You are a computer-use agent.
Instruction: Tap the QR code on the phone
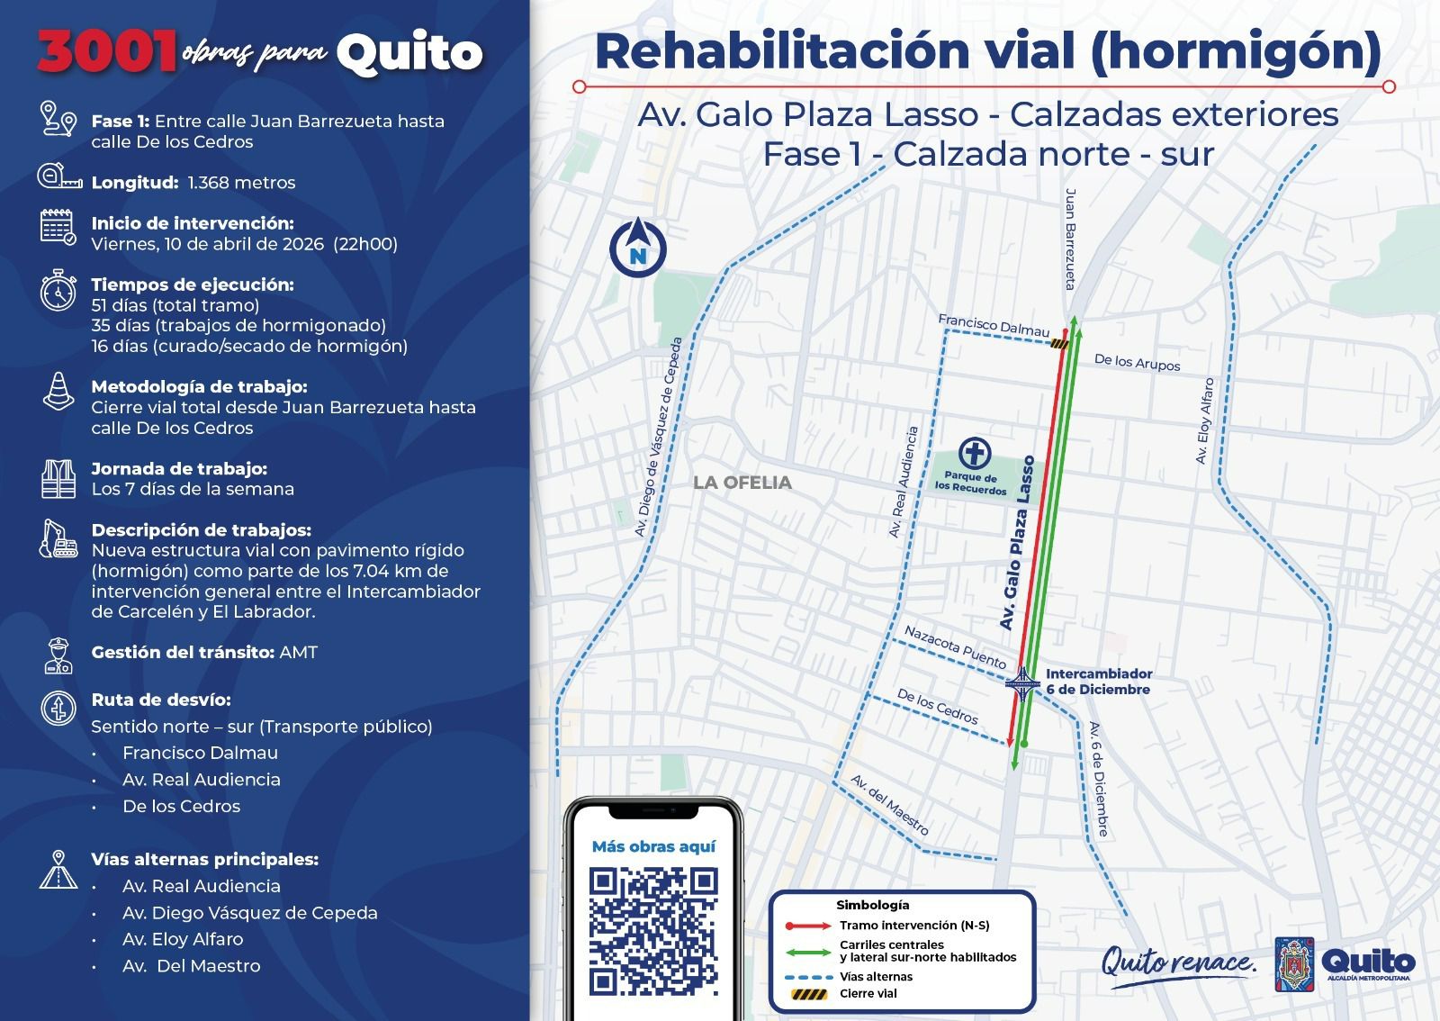click(653, 930)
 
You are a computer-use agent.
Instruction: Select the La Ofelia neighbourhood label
click(742, 483)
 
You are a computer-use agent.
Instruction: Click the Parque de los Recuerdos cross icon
click(975, 453)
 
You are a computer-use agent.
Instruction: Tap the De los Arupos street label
click(1137, 362)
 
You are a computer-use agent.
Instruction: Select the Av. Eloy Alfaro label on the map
click(1204, 421)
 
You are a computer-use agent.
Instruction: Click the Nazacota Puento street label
click(955, 646)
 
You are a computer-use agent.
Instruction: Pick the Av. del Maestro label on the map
click(889, 804)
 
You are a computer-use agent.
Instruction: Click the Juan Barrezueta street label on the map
click(1070, 239)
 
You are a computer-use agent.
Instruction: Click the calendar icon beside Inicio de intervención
click(58, 226)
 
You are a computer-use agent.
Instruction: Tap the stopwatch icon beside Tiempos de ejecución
click(58, 290)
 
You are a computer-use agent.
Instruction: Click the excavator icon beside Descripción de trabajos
click(58, 538)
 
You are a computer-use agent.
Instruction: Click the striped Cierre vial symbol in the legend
click(808, 994)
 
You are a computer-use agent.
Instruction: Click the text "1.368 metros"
click(241, 183)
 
